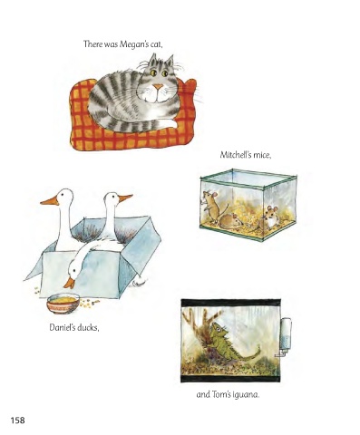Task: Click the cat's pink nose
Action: click(158, 87)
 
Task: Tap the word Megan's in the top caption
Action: click(133, 44)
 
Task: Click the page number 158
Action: click(18, 420)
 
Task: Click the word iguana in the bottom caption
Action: click(247, 394)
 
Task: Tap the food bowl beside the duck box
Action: click(63, 304)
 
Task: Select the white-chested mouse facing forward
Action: click(270, 217)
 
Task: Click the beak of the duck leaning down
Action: click(69, 283)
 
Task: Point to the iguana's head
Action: click(219, 328)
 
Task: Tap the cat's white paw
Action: click(168, 123)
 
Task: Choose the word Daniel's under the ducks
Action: click(63, 327)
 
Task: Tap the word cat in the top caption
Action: click(155, 45)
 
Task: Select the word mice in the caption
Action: click(261, 155)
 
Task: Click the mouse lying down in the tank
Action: click(231, 220)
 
